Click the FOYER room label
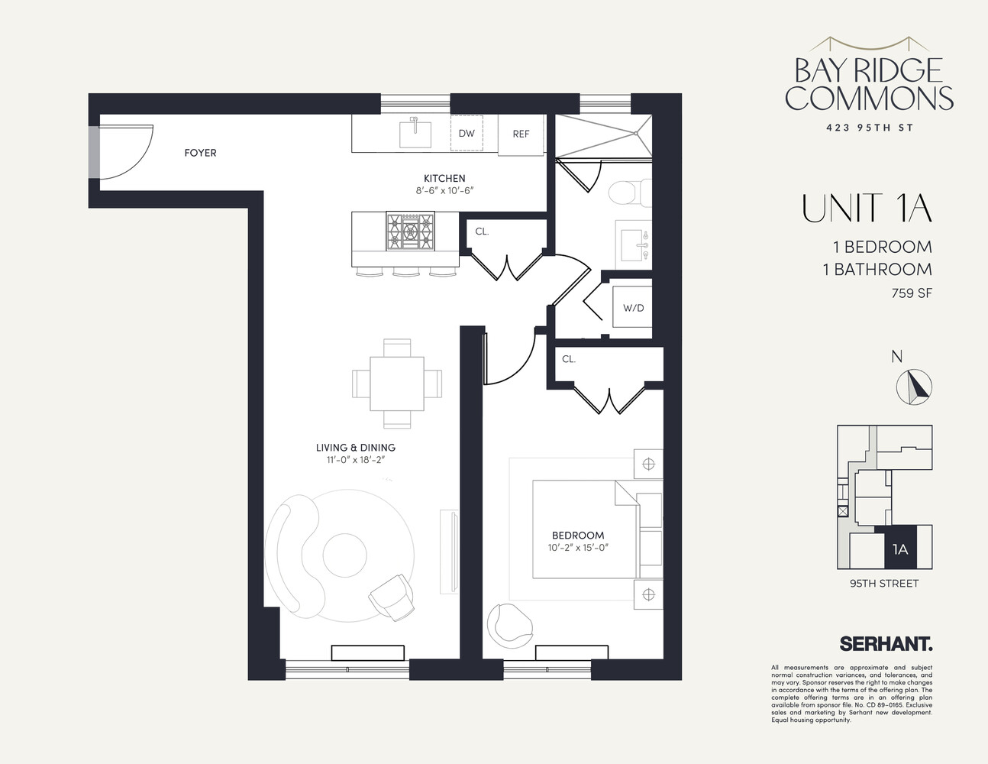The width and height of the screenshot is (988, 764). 200,153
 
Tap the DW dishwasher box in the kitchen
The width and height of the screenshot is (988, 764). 467,134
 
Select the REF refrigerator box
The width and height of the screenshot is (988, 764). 521,134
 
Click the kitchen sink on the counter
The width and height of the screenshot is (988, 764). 416,133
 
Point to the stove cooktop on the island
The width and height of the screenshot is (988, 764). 409,231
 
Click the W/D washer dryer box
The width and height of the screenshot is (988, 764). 633,309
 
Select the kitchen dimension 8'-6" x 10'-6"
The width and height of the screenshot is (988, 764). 444,191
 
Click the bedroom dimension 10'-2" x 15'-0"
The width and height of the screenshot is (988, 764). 578,547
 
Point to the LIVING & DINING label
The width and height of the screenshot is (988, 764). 356,448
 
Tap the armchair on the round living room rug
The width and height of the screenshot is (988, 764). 391,597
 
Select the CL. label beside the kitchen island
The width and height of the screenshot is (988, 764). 482,231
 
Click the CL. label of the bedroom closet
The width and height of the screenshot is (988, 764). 569,358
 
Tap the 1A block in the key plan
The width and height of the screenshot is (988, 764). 900,549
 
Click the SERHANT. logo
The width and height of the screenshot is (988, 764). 886,644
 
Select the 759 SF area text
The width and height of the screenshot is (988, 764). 912,293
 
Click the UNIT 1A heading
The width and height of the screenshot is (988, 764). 867,209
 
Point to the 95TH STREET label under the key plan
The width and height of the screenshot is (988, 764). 884,584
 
